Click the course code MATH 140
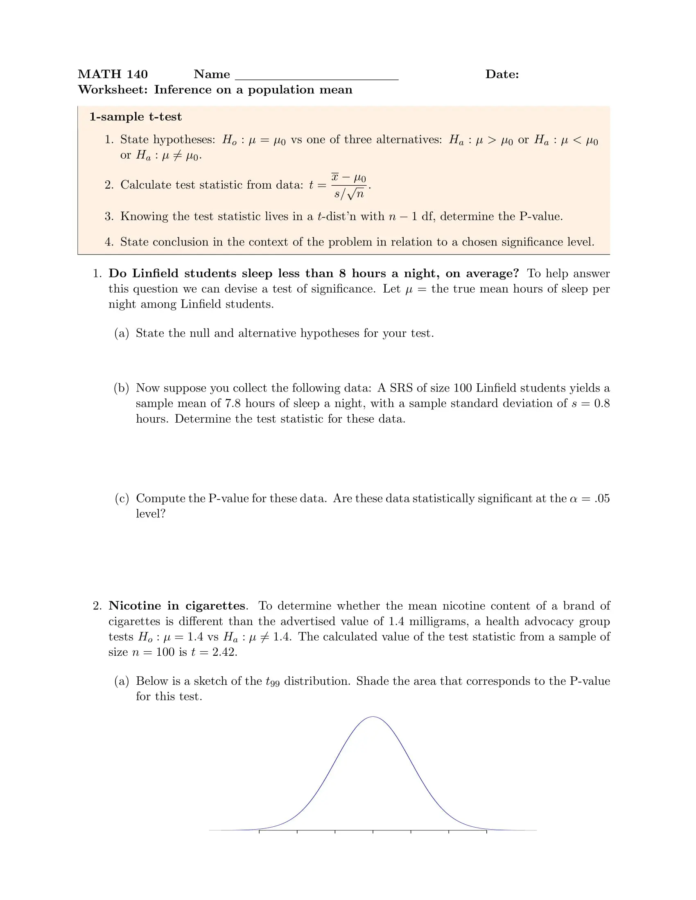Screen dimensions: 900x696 pyautogui.click(x=113, y=74)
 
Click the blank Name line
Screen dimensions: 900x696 pyautogui.click(x=316, y=76)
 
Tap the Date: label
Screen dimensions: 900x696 pyautogui.click(x=502, y=74)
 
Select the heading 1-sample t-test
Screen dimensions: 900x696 pyautogui.click(x=135, y=117)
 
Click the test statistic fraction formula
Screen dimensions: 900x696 pyautogui.click(x=348, y=185)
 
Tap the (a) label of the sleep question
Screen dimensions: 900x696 pyautogui.click(x=122, y=333)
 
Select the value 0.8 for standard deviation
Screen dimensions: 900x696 pyautogui.click(x=601, y=403)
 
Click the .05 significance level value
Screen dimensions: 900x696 pyautogui.click(x=602, y=499)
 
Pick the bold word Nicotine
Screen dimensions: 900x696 pyautogui.click(x=135, y=606)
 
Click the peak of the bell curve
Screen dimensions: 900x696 pyautogui.click(x=373, y=718)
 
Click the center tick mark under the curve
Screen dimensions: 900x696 pyautogui.click(x=373, y=832)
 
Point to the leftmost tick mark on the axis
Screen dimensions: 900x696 pyautogui.click(x=259, y=832)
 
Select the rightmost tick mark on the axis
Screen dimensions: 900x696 pyautogui.click(x=486, y=832)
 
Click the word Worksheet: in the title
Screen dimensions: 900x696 pyautogui.click(x=113, y=90)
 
